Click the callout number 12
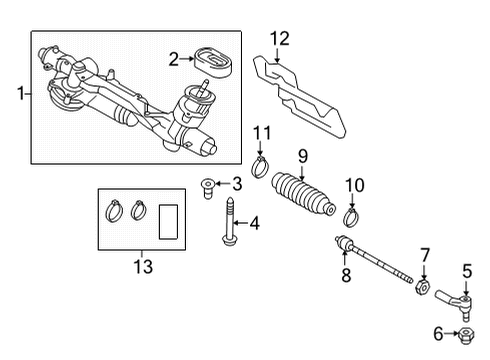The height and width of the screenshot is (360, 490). point(280,39)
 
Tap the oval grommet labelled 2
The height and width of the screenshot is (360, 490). point(213,64)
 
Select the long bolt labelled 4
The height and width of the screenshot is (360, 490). point(229,220)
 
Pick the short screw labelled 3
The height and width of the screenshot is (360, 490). point(207,188)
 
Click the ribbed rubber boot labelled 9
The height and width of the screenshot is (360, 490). point(303,195)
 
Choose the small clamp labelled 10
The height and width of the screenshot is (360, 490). point(351,217)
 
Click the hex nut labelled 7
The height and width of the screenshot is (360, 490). point(422,287)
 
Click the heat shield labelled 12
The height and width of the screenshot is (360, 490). point(299,97)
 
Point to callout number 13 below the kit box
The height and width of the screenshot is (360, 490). point(143,267)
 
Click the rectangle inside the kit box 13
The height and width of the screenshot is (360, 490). point(168,222)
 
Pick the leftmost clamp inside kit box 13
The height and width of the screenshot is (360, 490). point(114,211)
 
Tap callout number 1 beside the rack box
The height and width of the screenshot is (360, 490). point(21,93)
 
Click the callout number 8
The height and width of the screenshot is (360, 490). point(346,276)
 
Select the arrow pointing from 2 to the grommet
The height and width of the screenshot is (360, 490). point(187,59)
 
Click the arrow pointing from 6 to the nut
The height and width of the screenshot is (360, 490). point(452,333)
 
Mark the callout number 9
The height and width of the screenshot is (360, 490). point(303,157)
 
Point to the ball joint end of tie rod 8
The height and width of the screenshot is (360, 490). point(344,242)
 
